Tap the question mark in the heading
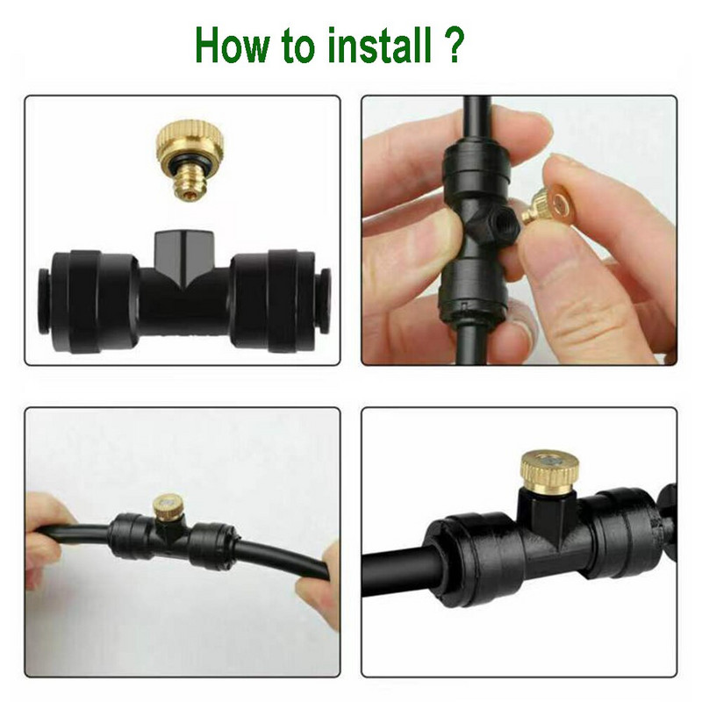click(x=452, y=46)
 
